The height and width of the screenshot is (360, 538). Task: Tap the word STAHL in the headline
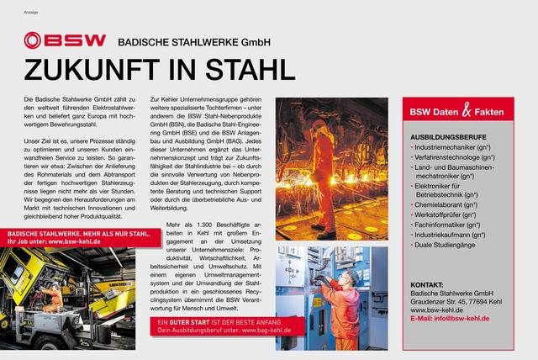(x=253, y=68)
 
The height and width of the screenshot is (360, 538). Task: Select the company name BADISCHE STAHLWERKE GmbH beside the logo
(x=189, y=40)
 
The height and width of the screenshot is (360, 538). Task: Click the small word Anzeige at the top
(x=29, y=11)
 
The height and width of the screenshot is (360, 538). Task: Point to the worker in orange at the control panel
(x=346, y=291)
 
